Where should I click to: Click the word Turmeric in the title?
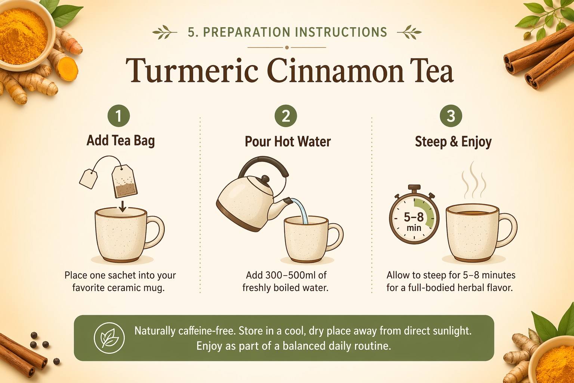[x=192, y=70]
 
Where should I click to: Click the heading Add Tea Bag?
[x=121, y=141]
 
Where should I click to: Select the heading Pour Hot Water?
[x=288, y=141]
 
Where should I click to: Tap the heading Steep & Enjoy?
[x=453, y=142]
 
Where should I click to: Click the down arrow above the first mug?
[x=123, y=206]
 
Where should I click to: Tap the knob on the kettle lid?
[x=265, y=179]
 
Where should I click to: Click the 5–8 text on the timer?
[x=414, y=217]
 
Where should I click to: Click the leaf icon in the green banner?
[x=109, y=338]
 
